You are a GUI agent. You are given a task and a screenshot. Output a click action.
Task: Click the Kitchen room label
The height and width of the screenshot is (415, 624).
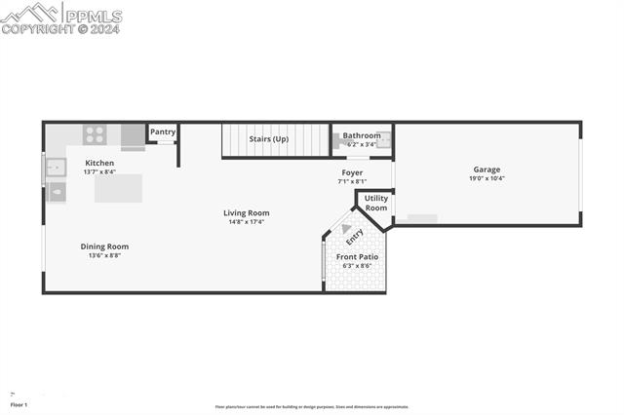99,163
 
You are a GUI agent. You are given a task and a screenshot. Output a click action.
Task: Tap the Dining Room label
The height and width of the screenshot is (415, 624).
104,246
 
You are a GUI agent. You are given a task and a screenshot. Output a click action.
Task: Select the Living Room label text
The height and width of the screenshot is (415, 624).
246,212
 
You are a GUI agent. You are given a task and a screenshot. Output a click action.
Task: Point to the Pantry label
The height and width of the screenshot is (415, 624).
163,132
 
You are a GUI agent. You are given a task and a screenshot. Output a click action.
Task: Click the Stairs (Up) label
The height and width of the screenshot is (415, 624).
269,139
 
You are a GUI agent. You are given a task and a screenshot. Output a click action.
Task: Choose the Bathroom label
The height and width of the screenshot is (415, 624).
362,135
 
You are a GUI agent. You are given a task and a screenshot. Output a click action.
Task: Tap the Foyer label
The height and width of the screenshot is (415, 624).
351,172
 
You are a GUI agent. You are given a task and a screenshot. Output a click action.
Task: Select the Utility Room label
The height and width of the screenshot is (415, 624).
376,203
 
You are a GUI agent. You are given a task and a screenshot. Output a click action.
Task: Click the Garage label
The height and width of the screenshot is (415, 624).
487,170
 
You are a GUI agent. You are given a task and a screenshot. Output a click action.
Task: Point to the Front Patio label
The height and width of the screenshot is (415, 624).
359,256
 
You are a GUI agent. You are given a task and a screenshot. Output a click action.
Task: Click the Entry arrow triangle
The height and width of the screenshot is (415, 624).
346,229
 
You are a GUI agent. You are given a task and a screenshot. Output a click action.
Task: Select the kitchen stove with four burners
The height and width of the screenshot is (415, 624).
95,134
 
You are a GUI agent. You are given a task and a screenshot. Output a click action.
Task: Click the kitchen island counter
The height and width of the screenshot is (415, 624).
118,188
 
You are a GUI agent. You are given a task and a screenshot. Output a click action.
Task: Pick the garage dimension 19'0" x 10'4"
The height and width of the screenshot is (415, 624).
487,179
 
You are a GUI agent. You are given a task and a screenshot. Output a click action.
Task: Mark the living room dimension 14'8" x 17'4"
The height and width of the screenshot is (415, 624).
246,222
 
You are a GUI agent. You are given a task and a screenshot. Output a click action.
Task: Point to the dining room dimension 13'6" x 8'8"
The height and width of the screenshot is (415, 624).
104,256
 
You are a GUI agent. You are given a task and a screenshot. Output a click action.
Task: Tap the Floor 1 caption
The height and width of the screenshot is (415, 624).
19,404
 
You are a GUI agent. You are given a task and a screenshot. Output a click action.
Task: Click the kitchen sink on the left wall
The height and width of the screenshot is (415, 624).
54,170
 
